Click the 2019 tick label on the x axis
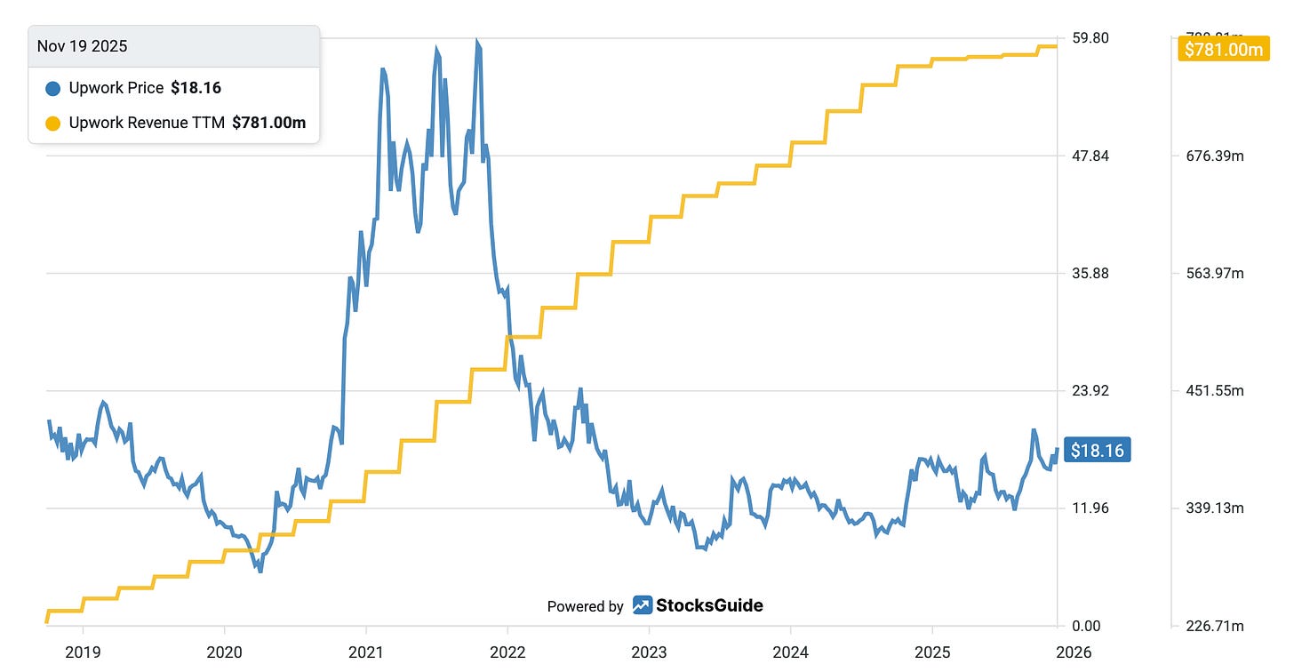point(83,652)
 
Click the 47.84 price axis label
point(1090,156)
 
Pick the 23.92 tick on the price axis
point(1090,391)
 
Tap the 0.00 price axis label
point(1087,627)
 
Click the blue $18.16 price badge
point(1097,451)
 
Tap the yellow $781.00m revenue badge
point(1223,50)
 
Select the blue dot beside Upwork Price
point(52,88)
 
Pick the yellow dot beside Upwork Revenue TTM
point(52,123)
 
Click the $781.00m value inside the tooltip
point(268,123)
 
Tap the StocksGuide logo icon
point(643,605)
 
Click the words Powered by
point(585,606)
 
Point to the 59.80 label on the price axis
point(1090,38)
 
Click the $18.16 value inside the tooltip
point(196,88)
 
